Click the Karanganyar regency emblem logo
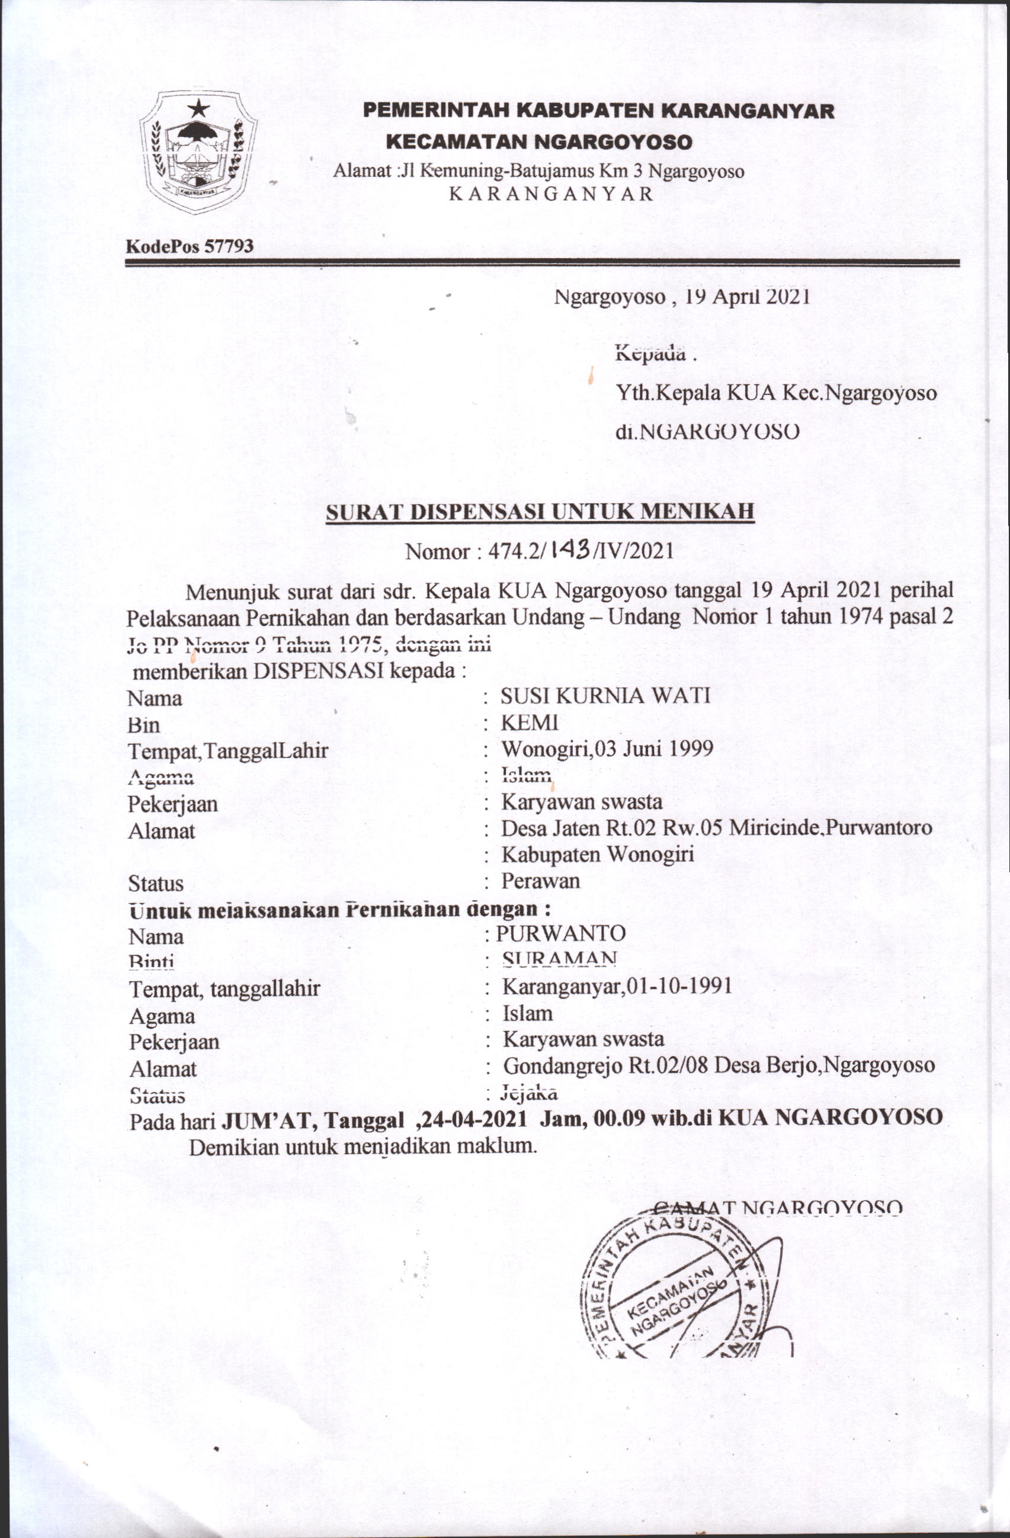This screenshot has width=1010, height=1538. [x=198, y=154]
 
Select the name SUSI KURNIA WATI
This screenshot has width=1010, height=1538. [x=605, y=696]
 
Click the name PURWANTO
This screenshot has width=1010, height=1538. [x=560, y=933]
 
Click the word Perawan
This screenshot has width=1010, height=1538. [x=540, y=881]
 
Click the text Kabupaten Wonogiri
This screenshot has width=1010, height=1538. [x=598, y=855]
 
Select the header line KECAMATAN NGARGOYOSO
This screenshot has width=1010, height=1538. [x=539, y=142]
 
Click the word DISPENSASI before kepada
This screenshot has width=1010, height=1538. [x=315, y=671]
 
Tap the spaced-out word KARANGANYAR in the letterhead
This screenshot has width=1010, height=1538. [x=551, y=194]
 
